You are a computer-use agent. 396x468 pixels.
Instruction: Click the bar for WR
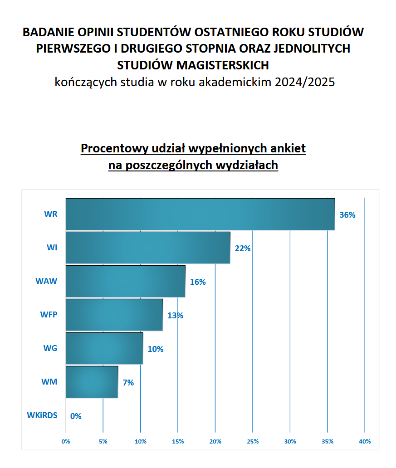200,214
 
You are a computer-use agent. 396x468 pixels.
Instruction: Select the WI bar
148,248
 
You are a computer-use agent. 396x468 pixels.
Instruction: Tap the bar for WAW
125,281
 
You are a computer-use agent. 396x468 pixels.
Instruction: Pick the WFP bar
114,315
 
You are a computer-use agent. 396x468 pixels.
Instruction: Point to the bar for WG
104,348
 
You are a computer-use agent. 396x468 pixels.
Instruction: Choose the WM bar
92,382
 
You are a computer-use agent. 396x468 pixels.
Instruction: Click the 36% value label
347,215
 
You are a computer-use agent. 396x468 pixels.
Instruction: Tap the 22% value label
243,249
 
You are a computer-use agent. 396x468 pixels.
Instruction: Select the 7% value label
128,383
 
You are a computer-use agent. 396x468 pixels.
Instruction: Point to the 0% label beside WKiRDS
76,416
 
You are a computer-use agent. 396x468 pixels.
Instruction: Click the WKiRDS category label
42,415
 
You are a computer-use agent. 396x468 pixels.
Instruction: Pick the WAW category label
46,281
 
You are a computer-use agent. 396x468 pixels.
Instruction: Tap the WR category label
51,214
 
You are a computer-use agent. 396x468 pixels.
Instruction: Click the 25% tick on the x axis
253,441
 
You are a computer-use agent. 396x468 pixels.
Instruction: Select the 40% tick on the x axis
365,441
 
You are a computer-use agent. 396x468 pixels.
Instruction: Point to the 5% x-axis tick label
103,441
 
